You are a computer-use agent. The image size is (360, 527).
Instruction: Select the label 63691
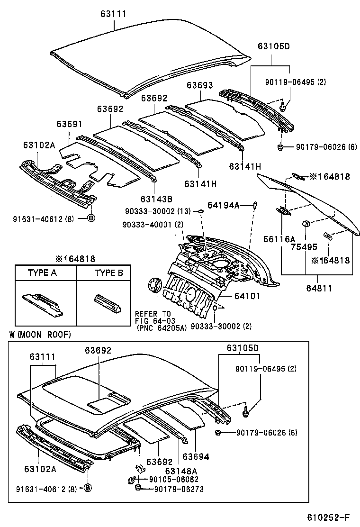coord(70,124)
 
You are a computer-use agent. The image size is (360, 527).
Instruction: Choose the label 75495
coord(304,246)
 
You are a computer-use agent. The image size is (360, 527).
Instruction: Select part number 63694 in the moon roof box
coord(196,457)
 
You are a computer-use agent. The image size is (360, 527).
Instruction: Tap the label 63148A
coord(180,471)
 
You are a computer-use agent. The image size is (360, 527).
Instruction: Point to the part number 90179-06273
coord(179,489)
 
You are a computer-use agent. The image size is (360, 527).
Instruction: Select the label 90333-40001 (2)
coord(153,224)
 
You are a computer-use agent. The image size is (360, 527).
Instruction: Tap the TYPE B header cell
coord(108,273)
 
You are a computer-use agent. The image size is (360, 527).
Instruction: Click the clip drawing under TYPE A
coord(42,302)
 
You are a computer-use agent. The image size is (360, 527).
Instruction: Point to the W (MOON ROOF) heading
coord(40,335)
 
